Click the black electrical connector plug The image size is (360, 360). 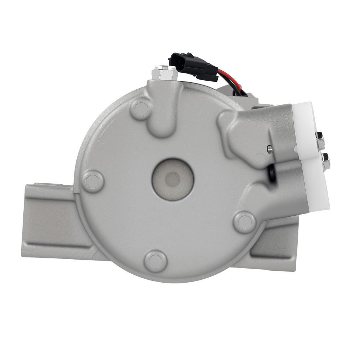point(192,67)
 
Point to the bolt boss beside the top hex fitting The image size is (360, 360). point(141,109)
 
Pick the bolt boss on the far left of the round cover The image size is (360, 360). point(92,181)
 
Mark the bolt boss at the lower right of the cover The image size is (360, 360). point(245,222)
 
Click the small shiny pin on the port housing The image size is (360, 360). point(269,149)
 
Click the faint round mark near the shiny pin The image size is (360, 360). point(260,158)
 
